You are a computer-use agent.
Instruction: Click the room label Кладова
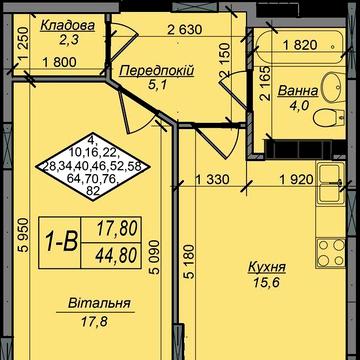click(68, 26)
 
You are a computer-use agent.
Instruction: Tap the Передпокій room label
click(157, 71)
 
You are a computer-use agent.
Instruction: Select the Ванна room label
click(298, 91)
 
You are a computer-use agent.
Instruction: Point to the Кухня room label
click(267, 267)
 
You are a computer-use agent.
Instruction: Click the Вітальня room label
click(99, 304)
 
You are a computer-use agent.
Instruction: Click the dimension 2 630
click(185, 30)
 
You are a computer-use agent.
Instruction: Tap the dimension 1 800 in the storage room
click(59, 62)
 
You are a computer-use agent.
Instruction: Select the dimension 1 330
click(212, 180)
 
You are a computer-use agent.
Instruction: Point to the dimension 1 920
click(297, 180)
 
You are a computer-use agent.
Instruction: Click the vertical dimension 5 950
click(23, 235)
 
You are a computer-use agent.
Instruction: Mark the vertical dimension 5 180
click(189, 262)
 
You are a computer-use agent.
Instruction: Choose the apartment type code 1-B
click(62, 242)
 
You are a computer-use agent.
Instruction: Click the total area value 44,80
click(116, 256)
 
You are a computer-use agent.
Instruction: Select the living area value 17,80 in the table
click(117, 229)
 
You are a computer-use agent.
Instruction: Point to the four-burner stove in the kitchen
click(330, 253)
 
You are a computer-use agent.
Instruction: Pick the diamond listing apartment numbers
click(93, 167)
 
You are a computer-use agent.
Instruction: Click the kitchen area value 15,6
click(265, 283)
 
